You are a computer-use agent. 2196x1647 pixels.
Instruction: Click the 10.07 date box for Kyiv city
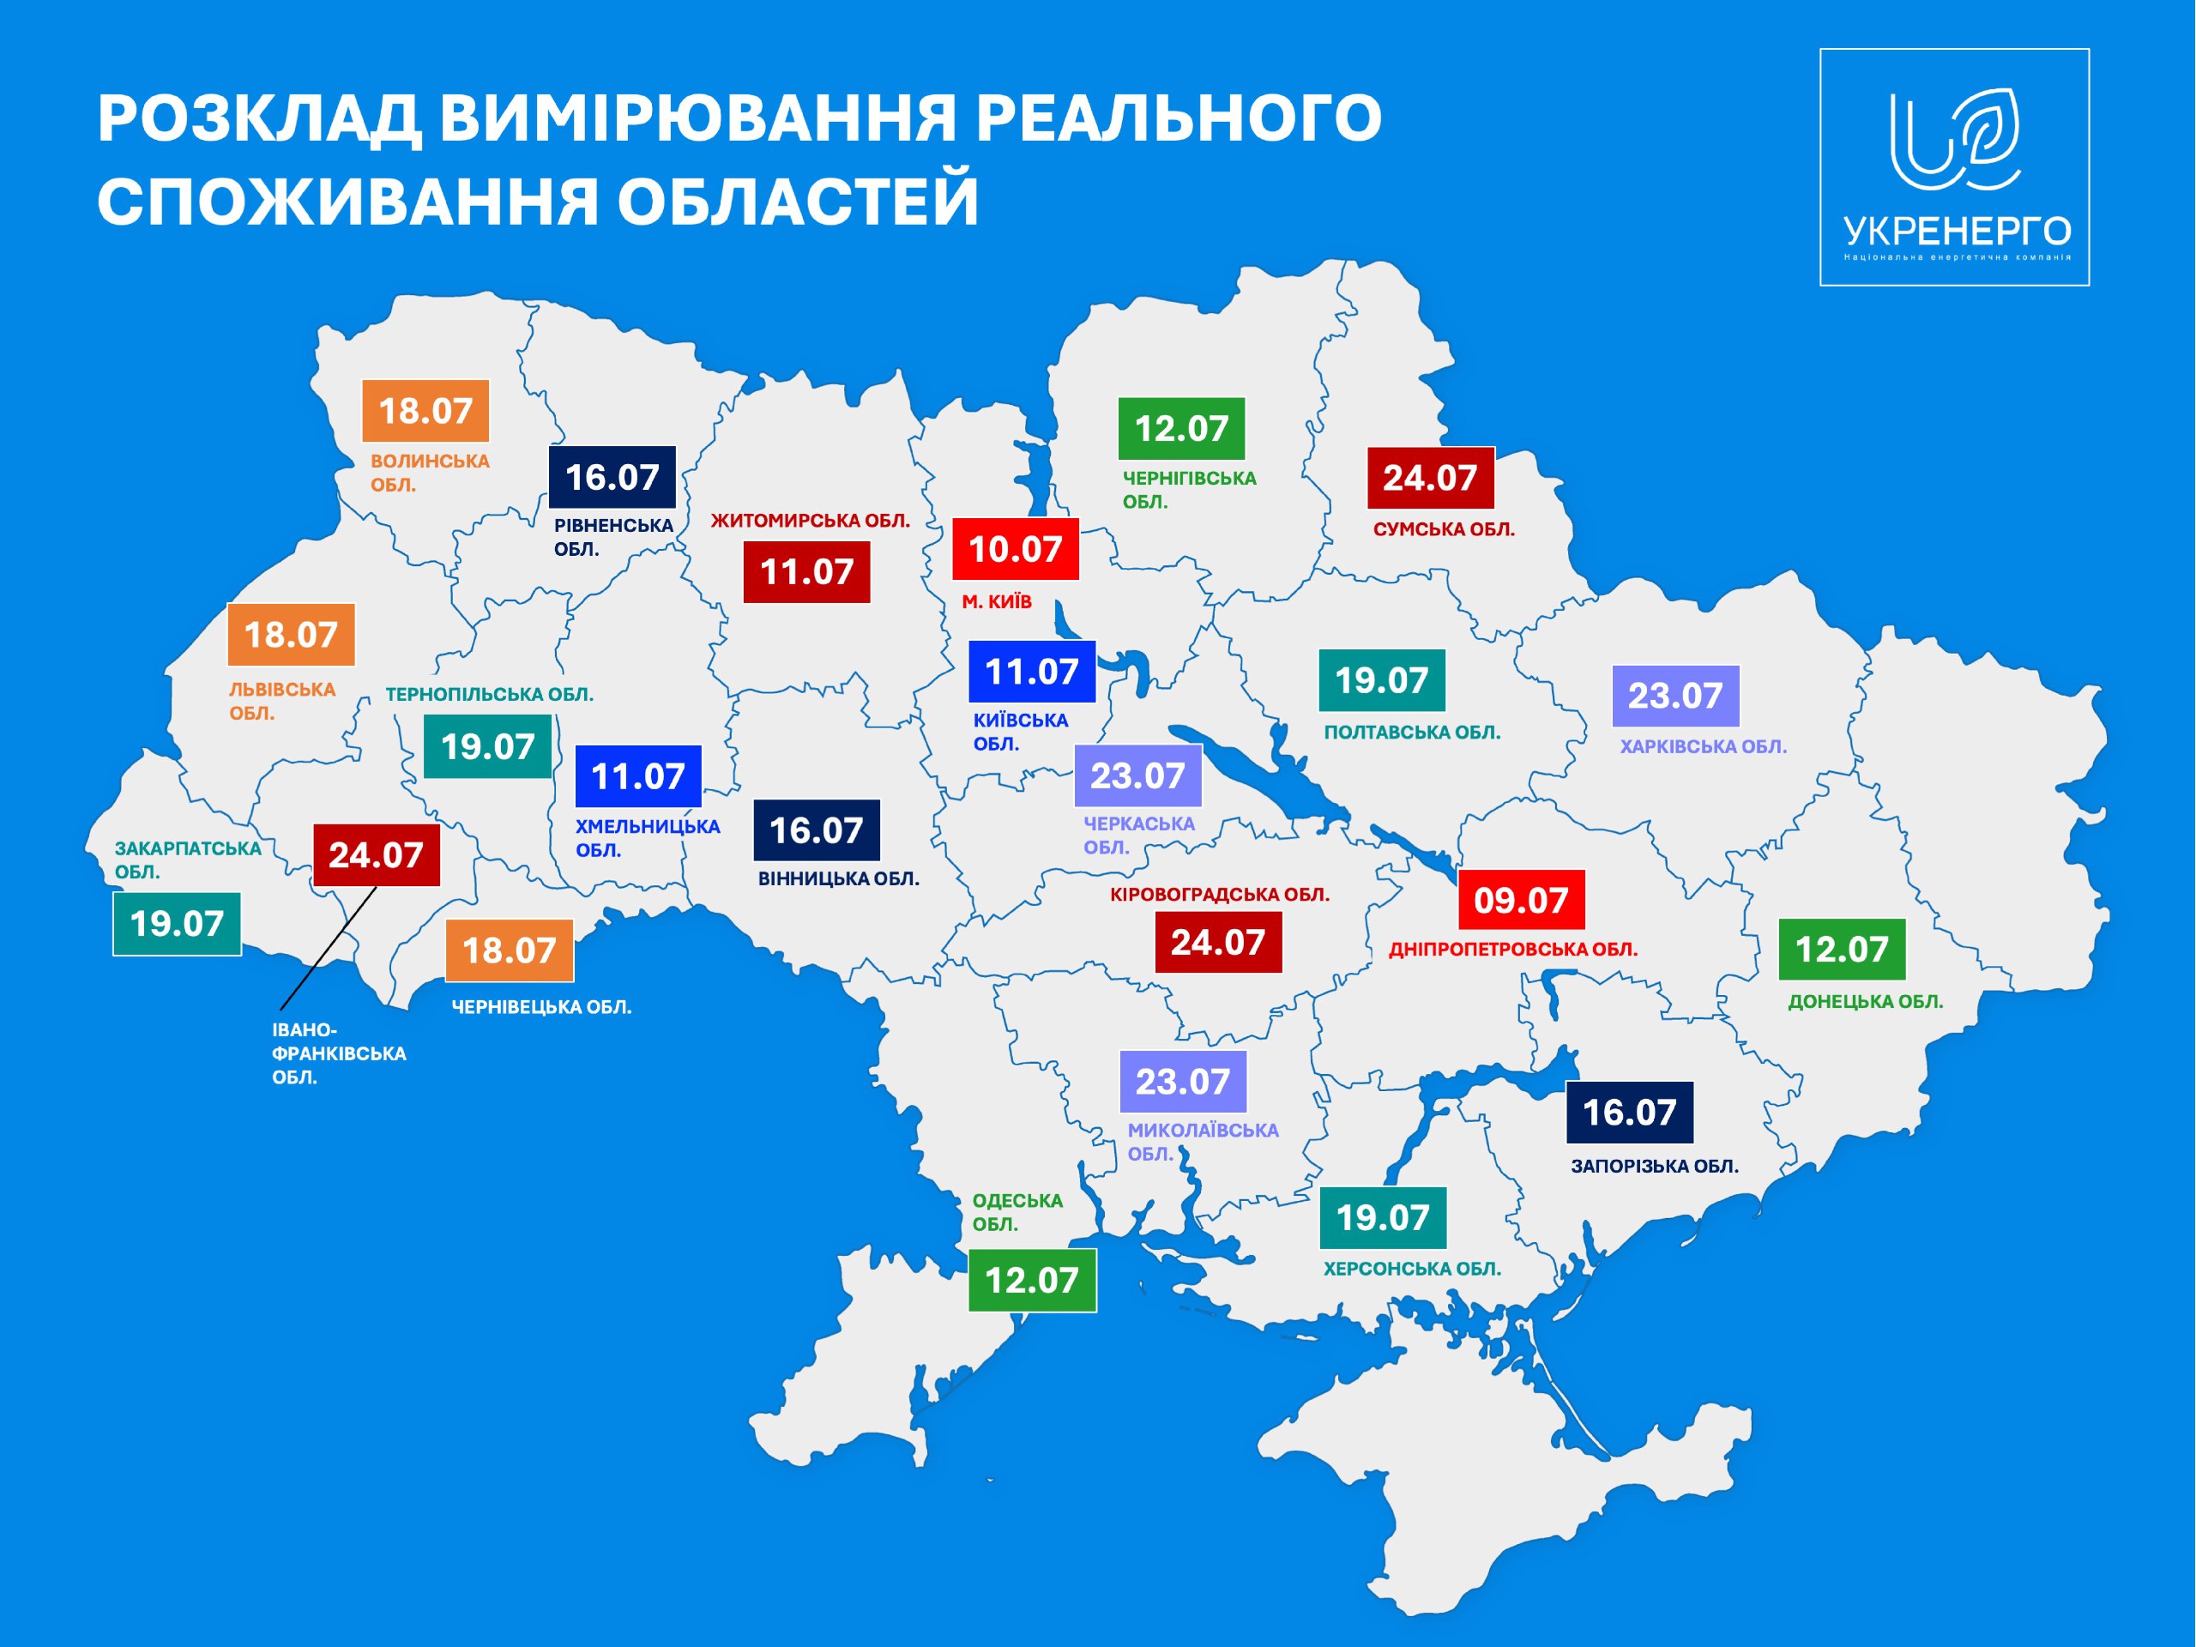(1015, 548)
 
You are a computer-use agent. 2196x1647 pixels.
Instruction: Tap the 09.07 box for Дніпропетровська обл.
(1520, 900)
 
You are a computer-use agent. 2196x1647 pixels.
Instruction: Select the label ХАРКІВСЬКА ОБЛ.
(1703, 745)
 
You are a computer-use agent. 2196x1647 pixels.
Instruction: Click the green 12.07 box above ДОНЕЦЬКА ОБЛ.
(1841, 949)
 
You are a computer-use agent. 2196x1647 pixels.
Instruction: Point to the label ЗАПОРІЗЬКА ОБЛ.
(1654, 1166)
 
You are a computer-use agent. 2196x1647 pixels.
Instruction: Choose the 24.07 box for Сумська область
(1430, 478)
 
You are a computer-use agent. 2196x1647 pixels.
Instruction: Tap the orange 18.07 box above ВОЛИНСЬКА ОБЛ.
(425, 410)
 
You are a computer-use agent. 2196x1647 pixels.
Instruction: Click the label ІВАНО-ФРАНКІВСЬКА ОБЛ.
(337, 1053)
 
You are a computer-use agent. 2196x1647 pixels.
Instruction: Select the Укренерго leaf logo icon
(1954, 139)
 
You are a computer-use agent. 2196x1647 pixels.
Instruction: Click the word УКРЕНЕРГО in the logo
(1957, 232)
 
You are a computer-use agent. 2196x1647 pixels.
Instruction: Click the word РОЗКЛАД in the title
(258, 118)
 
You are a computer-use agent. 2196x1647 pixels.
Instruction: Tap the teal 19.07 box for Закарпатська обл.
(177, 923)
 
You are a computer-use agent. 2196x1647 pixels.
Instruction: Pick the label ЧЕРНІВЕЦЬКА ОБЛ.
(541, 1007)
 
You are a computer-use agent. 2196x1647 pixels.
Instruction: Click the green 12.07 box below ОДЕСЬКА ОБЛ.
(1031, 1280)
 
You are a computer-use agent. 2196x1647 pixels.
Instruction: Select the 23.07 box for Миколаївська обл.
(1182, 1081)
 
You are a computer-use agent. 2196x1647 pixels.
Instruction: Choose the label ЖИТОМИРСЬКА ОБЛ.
(810, 520)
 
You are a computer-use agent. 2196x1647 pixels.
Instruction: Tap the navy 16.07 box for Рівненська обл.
(612, 478)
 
